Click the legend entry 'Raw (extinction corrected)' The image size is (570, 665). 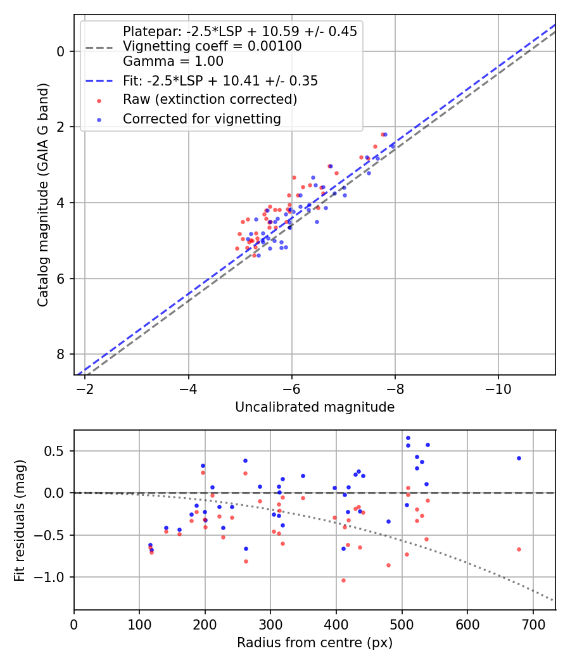pyautogui.click(x=210, y=99)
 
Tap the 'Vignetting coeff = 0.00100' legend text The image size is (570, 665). pyautogui.click(x=212, y=46)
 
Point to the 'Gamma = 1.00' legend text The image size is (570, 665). pyautogui.click(x=173, y=61)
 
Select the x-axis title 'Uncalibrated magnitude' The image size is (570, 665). pyautogui.click(x=315, y=407)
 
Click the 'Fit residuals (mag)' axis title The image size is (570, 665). pyautogui.click(x=20, y=520)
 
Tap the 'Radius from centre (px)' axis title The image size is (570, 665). pyautogui.click(x=315, y=643)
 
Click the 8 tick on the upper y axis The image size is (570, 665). pyautogui.click(x=62, y=354)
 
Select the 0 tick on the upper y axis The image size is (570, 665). pyautogui.click(x=62, y=51)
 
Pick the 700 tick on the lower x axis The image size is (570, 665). pyautogui.click(x=533, y=623)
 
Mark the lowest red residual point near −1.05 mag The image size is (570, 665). pyautogui.click(x=343, y=580)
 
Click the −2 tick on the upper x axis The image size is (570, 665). pyautogui.click(x=85, y=388)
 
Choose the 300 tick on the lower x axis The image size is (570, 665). pyautogui.click(x=270, y=623)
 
